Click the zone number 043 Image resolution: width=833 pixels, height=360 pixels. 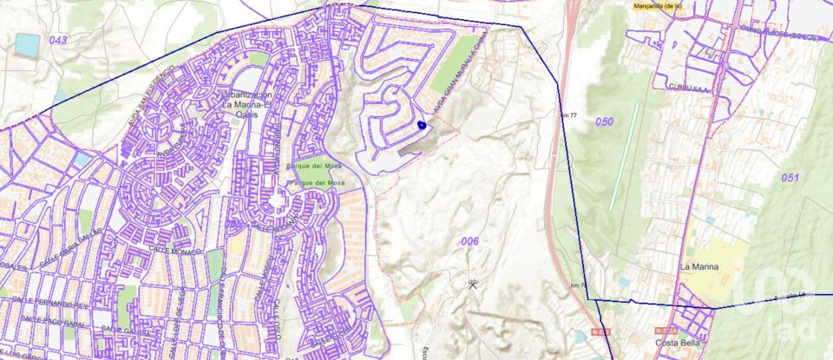58,40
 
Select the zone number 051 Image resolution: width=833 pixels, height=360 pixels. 789,177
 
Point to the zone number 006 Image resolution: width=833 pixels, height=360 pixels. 470,240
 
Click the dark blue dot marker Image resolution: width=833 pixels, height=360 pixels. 422,125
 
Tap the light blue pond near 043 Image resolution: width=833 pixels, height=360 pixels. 28,43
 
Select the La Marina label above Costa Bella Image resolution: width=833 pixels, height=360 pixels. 699,266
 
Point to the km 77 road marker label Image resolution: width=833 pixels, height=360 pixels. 568,115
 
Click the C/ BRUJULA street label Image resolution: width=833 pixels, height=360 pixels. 684,86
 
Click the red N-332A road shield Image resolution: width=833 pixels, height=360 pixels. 666,331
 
